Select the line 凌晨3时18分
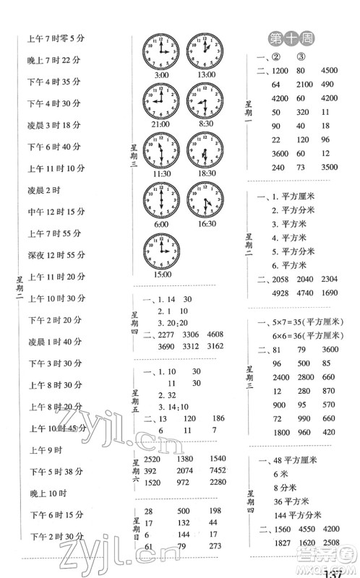(53, 125)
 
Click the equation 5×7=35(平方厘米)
(302, 322)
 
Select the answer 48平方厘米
(289, 461)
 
